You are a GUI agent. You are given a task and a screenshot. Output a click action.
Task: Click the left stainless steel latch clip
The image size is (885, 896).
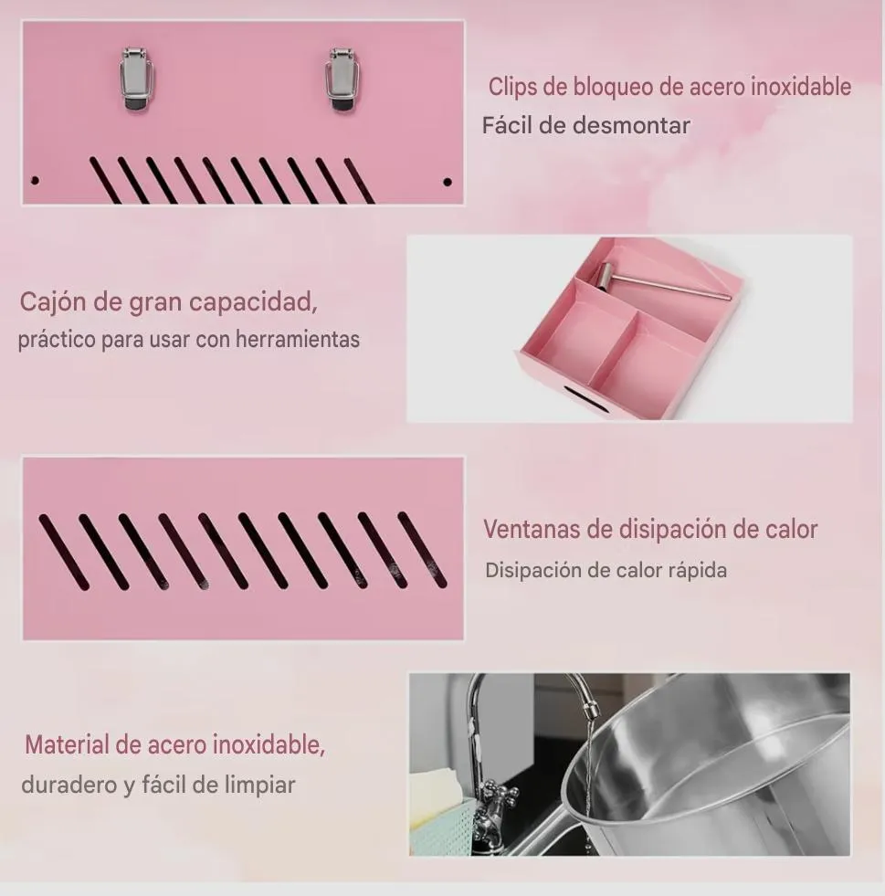pyautogui.click(x=137, y=80)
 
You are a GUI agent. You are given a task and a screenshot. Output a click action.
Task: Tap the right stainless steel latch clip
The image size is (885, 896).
pyautogui.click(x=342, y=80)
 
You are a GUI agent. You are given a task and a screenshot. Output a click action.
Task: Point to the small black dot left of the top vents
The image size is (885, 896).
pyautogui.click(x=35, y=181)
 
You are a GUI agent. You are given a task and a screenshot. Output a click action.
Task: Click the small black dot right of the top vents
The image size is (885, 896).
pyautogui.click(x=448, y=183)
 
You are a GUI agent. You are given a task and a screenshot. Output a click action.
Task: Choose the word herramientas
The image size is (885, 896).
pyautogui.click(x=298, y=339)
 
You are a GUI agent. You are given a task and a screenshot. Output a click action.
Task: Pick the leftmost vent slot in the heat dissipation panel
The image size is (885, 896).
pyautogui.click(x=64, y=553)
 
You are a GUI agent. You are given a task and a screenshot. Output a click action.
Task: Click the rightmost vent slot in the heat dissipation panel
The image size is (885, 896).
pyautogui.click(x=422, y=550)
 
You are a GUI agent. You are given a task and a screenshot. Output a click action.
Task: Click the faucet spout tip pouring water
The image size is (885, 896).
pyautogui.click(x=590, y=712)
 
